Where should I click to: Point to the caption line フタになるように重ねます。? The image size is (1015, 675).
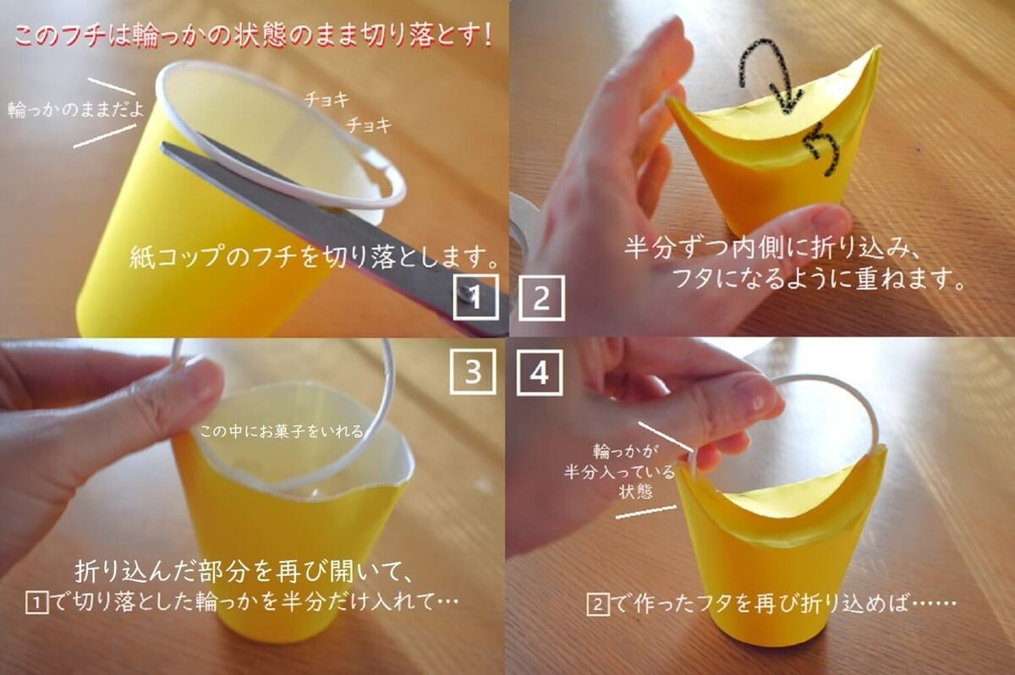(817, 279)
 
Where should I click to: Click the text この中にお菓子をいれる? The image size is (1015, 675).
(283, 431)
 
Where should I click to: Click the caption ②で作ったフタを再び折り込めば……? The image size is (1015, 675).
(771, 605)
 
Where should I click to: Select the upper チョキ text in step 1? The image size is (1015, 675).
(327, 100)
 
